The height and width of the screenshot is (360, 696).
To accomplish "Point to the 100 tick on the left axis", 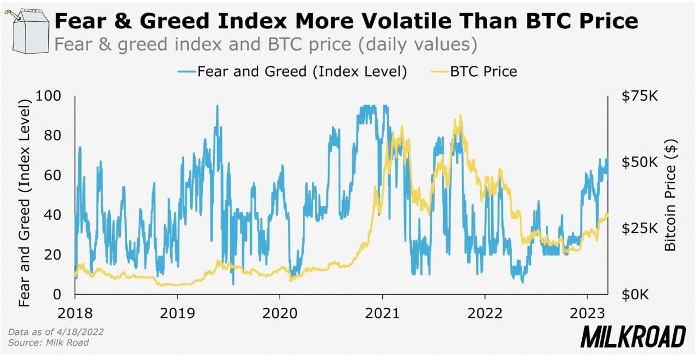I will [x=48, y=96].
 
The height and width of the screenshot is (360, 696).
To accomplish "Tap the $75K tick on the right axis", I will [x=639, y=96].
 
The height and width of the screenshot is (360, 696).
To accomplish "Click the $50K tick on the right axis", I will [x=639, y=162].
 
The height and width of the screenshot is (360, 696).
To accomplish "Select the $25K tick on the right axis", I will [x=639, y=228].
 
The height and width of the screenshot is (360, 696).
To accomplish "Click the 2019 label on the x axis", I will [x=177, y=314].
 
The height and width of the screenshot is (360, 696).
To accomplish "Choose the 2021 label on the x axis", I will [x=382, y=314].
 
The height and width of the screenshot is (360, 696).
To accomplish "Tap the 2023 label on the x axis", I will [x=587, y=314].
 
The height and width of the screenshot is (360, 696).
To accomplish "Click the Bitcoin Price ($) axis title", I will [x=671, y=195].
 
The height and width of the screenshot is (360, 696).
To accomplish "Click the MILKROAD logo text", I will [x=633, y=337].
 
